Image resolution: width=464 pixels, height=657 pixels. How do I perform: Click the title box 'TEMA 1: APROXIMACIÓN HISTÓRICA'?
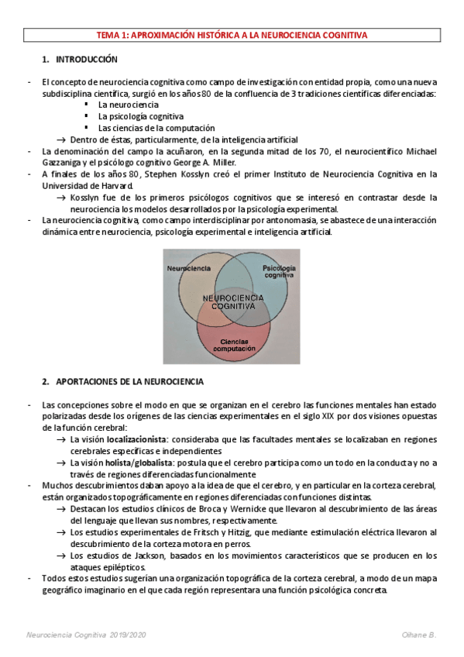click(x=232, y=35)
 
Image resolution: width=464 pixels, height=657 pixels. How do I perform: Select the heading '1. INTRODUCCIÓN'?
click(x=80, y=59)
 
